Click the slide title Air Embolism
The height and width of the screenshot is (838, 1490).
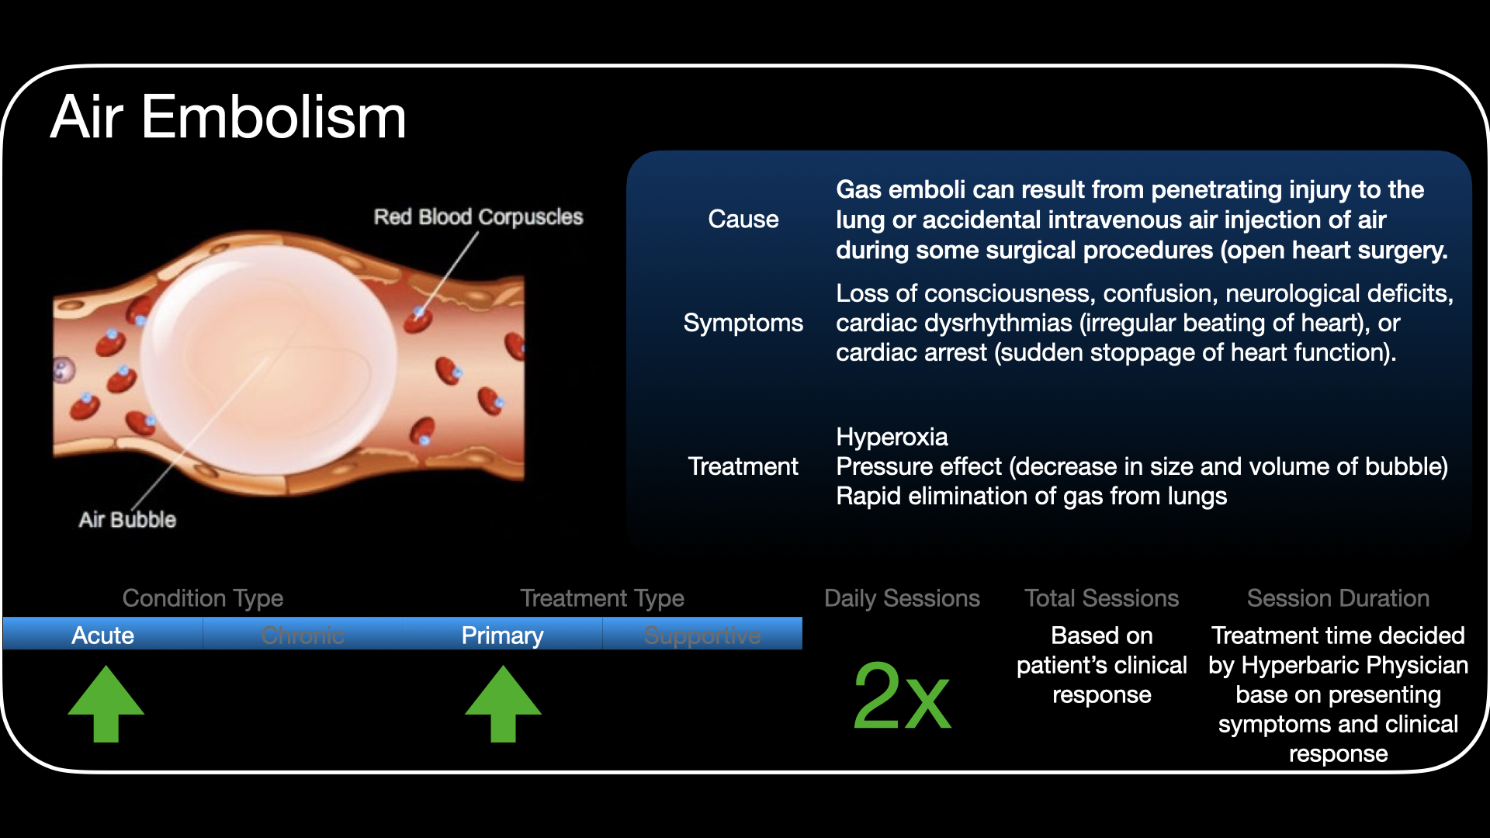click(x=228, y=117)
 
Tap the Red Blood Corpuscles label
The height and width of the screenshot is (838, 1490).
click(x=478, y=216)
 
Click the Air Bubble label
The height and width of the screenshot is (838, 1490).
click(x=127, y=519)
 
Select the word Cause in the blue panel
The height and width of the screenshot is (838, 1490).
click(x=743, y=219)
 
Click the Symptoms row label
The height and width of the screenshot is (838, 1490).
click(x=743, y=323)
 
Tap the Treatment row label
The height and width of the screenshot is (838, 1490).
click(x=743, y=466)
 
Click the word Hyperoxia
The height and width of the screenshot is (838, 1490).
click(x=892, y=437)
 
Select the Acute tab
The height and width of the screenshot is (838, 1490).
click(x=102, y=635)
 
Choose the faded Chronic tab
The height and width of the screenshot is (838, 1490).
click(x=303, y=635)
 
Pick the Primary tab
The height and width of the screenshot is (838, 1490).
click(x=502, y=635)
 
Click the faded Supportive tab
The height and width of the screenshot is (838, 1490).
click(x=702, y=635)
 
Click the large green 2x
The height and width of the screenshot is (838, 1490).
click(x=901, y=696)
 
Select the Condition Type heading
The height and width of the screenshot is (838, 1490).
click(x=203, y=598)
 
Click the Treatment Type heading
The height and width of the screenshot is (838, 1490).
click(x=602, y=598)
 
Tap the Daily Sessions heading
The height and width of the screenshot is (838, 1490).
click(x=902, y=598)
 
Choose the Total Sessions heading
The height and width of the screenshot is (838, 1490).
click(x=1101, y=598)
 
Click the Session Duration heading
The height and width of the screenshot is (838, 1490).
click(x=1338, y=598)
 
